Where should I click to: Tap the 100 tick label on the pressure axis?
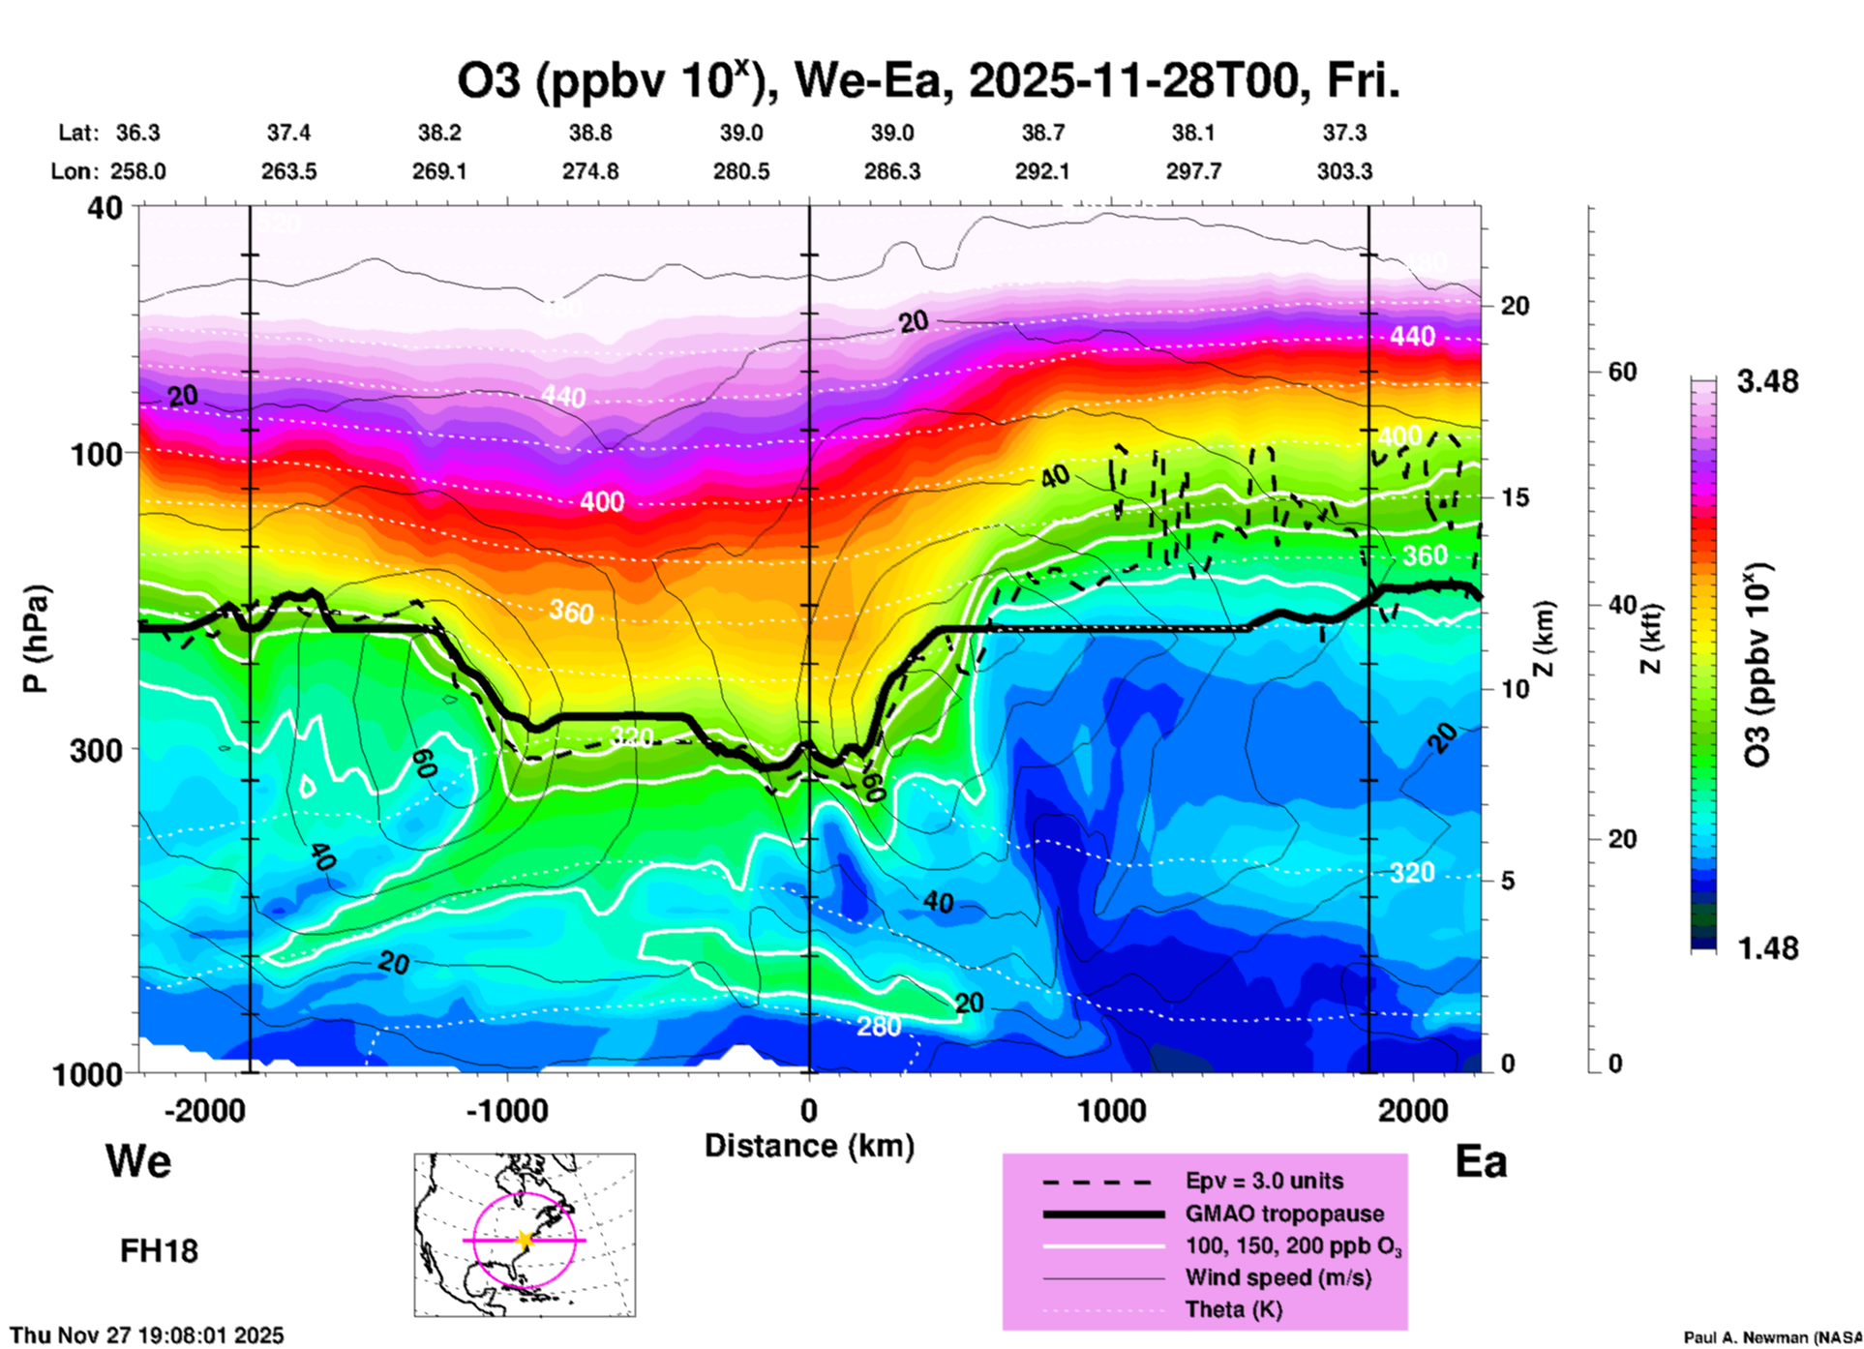[x=97, y=453]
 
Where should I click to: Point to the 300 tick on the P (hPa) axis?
[x=97, y=749]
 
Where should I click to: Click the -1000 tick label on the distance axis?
[x=506, y=1110]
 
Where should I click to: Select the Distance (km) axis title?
[x=809, y=1146]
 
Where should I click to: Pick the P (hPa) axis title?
[x=36, y=639]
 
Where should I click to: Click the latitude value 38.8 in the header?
[x=590, y=133]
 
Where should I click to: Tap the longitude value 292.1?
[x=1042, y=171]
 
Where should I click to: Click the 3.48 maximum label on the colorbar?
[x=1767, y=381]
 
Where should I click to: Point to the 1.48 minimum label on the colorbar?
[x=1767, y=947]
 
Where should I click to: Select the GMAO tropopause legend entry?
[x=1284, y=1214]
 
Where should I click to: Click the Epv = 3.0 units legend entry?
[x=1264, y=1181]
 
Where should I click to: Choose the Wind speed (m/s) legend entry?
[x=1278, y=1277]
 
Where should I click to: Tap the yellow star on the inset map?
[x=525, y=1240]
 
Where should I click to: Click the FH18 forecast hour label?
[x=159, y=1251]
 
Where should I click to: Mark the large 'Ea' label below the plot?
[x=1481, y=1161]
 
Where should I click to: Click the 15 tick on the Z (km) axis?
[x=1515, y=497]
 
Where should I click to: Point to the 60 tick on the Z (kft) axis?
[x=1622, y=372]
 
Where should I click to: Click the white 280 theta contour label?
[x=879, y=1026]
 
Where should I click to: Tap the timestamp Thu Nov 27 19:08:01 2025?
[x=147, y=1335]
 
